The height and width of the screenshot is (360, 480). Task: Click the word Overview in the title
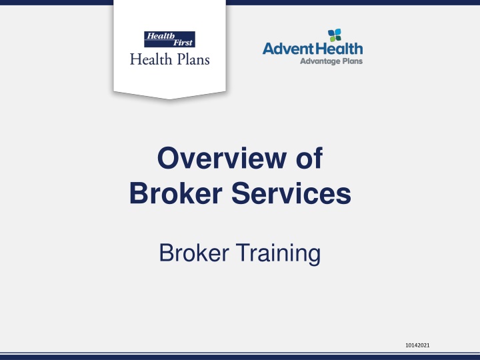(x=222, y=158)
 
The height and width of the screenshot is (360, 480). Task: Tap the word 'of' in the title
(x=309, y=157)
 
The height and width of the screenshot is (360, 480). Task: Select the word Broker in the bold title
(x=176, y=193)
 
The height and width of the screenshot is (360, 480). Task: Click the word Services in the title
(x=291, y=193)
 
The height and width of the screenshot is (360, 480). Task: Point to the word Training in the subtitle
(x=278, y=253)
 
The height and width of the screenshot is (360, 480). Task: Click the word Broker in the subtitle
(x=194, y=253)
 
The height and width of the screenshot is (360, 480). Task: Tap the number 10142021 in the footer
(x=417, y=345)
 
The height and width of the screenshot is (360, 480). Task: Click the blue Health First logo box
(x=169, y=39)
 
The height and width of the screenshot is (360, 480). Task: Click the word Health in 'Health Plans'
(x=151, y=59)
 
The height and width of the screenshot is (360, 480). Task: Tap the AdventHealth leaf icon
(x=335, y=35)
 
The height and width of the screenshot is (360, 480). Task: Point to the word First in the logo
(x=183, y=43)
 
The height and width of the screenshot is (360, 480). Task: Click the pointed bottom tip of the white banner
(x=169, y=99)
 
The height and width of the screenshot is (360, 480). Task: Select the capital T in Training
(x=243, y=252)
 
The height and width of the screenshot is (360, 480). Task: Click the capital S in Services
(x=241, y=193)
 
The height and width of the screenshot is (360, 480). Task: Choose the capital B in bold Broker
(x=139, y=193)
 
